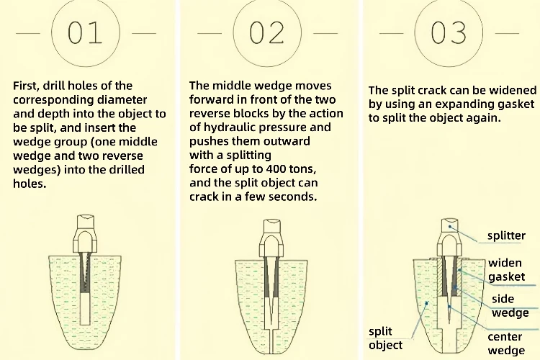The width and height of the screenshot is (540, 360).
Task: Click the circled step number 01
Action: [86, 33]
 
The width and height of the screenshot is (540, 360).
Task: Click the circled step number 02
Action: [267, 33]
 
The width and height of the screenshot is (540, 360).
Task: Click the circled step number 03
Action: [449, 33]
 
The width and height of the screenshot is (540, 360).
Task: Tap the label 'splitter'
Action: [506, 235]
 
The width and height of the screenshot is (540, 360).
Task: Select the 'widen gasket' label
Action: [507, 270]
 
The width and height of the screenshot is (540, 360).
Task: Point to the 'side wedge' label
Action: [510, 305]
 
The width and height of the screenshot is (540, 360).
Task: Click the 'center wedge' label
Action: [506, 343]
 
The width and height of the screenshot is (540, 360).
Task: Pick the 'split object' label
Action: [385, 338]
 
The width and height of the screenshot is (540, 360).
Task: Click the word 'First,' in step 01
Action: [26, 86]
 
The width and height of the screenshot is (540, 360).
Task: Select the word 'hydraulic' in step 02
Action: [230, 127]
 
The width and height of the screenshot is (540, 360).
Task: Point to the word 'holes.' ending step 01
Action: [30, 184]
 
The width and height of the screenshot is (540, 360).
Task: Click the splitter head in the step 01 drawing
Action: [85, 233]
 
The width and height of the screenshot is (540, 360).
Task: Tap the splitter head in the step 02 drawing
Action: [271, 238]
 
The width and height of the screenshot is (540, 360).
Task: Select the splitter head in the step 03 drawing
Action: [450, 237]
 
